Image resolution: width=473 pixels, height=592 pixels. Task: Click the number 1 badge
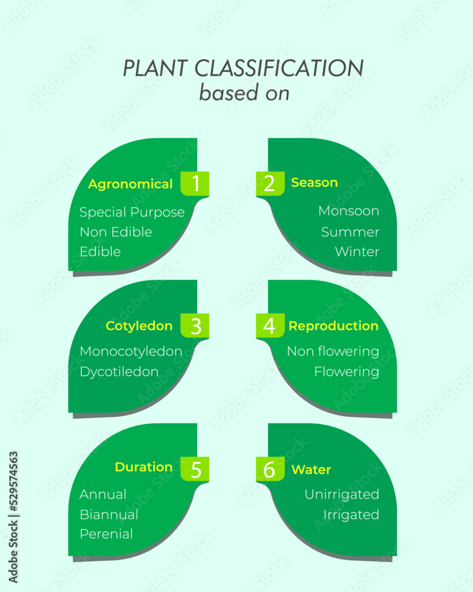click(x=195, y=184)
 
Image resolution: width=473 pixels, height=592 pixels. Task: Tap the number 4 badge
click(x=270, y=326)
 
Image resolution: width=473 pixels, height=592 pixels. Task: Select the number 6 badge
click(x=270, y=469)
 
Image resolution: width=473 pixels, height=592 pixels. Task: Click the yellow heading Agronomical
click(x=130, y=184)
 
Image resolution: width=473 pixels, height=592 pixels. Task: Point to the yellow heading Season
click(x=314, y=182)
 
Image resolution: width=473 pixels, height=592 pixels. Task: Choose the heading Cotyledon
click(x=139, y=326)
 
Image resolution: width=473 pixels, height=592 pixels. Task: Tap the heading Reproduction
click(x=333, y=326)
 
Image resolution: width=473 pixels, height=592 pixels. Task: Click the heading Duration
click(x=144, y=467)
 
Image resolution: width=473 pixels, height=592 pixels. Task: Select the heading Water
click(x=311, y=469)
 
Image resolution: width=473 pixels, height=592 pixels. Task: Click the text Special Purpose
click(x=132, y=212)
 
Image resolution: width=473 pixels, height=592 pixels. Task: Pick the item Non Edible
click(x=116, y=232)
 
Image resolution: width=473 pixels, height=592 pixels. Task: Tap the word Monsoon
click(x=348, y=211)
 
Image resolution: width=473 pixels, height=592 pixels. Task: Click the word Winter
click(x=357, y=252)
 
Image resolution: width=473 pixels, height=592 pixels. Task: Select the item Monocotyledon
click(x=131, y=351)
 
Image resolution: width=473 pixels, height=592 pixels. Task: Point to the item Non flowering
click(x=332, y=351)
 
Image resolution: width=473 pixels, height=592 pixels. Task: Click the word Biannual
click(x=109, y=514)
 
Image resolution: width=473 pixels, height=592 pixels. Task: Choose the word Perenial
click(x=106, y=534)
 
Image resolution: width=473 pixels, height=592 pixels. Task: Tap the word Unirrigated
click(x=341, y=494)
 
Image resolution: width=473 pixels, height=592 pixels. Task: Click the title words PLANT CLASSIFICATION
click(x=242, y=69)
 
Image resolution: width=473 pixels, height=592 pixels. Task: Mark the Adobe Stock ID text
click(x=14, y=515)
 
